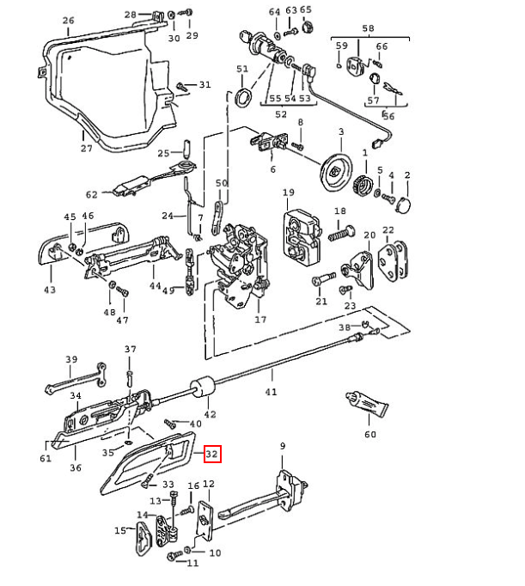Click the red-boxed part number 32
pyautogui.click(x=212, y=454)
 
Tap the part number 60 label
pyautogui.click(x=370, y=435)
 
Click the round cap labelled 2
pyautogui.click(x=401, y=204)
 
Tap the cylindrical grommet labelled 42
pyautogui.click(x=201, y=391)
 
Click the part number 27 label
pyautogui.click(x=86, y=148)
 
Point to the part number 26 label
pyautogui.click(x=69, y=21)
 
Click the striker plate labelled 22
pyautogui.click(x=395, y=261)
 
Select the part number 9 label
pyautogui.click(x=282, y=446)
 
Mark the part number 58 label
pyautogui.click(x=369, y=29)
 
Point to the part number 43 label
pyautogui.click(x=50, y=290)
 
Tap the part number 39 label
pyautogui.click(x=71, y=359)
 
